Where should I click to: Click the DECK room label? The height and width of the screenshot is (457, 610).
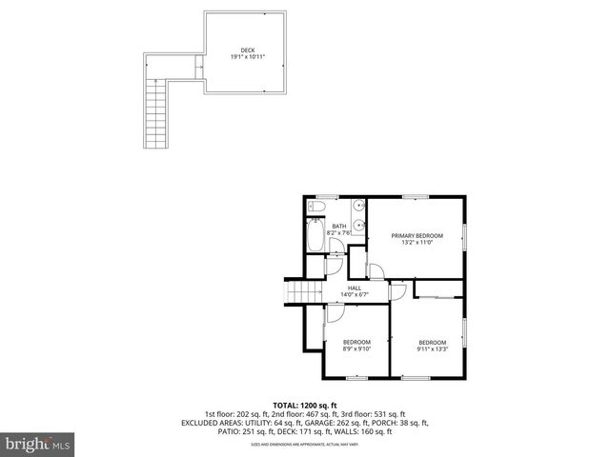tap(248, 50)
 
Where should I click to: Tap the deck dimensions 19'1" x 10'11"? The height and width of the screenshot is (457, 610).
tap(248, 57)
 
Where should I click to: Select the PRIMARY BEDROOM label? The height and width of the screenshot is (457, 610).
tap(417, 235)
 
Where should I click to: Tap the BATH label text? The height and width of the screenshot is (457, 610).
tap(339, 226)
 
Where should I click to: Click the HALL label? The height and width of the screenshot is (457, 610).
tap(355, 288)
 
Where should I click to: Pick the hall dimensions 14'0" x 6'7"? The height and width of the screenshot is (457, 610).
tap(355, 295)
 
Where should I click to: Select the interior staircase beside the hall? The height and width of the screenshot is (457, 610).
tap(303, 291)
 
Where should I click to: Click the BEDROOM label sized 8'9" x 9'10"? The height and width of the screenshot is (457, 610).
tap(356, 342)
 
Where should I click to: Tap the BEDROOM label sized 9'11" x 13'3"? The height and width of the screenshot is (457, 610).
tap(432, 343)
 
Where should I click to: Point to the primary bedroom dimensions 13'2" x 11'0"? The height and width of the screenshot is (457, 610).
tap(417, 243)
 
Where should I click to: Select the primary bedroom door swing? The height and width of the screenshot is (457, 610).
tap(376, 272)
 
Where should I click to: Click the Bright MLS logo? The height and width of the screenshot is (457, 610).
tap(38, 444)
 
